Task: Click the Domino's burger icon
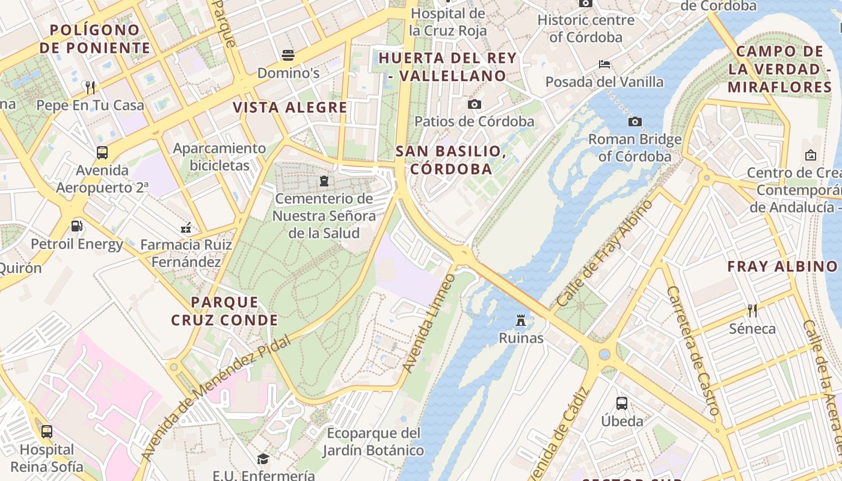point(288,55)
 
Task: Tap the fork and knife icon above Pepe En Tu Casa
point(90,88)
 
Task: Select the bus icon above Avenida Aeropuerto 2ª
point(102,153)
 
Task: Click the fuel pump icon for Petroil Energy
point(77,227)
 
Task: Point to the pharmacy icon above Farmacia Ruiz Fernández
point(186,227)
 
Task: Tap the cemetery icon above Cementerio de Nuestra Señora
point(324,180)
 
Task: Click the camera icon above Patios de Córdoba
point(475,105)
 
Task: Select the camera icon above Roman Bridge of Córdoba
point(635,122)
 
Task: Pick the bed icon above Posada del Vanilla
point(604,64)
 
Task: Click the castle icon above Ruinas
point(521,320)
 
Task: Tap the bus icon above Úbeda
point(622,403)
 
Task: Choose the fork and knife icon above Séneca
point(752,311)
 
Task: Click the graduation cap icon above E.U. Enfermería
point(263,459)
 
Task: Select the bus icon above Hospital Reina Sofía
point(46,432)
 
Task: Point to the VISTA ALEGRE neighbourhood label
point(290,108)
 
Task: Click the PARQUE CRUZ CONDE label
point(224,311)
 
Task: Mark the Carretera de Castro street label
point(693,351)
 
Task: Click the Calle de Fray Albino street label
point(604,253)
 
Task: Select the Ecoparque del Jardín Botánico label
point(373,441)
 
